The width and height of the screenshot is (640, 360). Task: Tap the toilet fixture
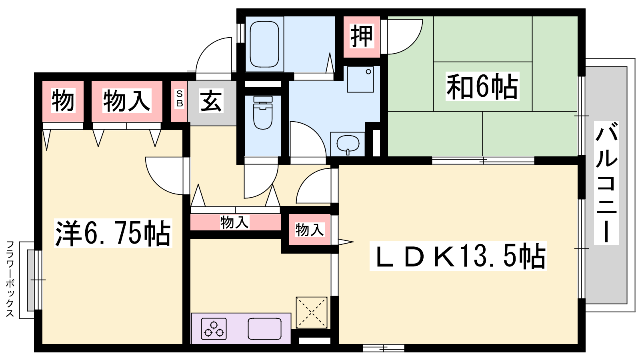point(263,112)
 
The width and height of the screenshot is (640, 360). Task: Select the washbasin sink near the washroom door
point(348,144)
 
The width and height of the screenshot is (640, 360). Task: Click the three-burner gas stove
point(214,329)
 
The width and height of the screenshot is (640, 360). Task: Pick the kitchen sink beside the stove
point(264,328)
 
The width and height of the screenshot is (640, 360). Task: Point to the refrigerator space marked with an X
point(312,312)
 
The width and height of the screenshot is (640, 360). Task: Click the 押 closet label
point(362,36)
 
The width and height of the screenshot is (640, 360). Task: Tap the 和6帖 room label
point(482,86)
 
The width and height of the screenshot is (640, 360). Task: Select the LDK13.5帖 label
point(458,256)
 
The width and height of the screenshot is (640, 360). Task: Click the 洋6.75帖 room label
point(113,233)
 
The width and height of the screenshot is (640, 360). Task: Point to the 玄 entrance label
point(211,102)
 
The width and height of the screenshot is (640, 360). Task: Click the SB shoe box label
point(180,98)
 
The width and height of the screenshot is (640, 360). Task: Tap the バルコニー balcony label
point(606,183)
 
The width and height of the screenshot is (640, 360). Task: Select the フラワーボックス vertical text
point(10,279)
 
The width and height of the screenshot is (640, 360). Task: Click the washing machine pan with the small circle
point(360,80)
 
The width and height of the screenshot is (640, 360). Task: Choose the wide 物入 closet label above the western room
point(126,100)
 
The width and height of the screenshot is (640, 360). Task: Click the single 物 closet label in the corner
point(63,100)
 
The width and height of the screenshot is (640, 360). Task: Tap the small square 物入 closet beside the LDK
point(310,230)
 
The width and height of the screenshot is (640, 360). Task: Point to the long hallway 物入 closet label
point(234,222)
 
